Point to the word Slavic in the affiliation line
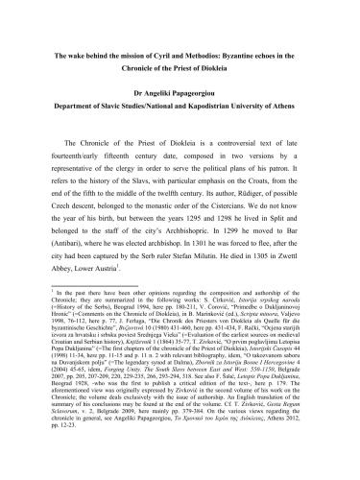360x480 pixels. pos(125,109)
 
